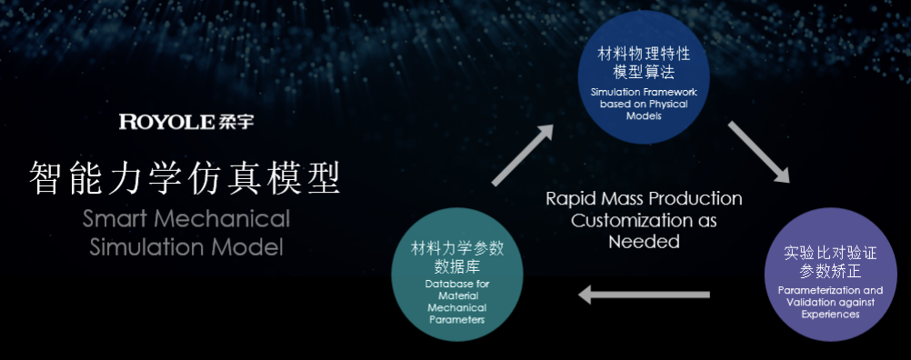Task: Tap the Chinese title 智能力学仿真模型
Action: click(x=185, y=179)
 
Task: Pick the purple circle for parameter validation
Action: click(x=828, y=275)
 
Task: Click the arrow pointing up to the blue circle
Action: click(x=522, y=155)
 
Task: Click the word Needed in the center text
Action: click(x=644, y=242)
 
